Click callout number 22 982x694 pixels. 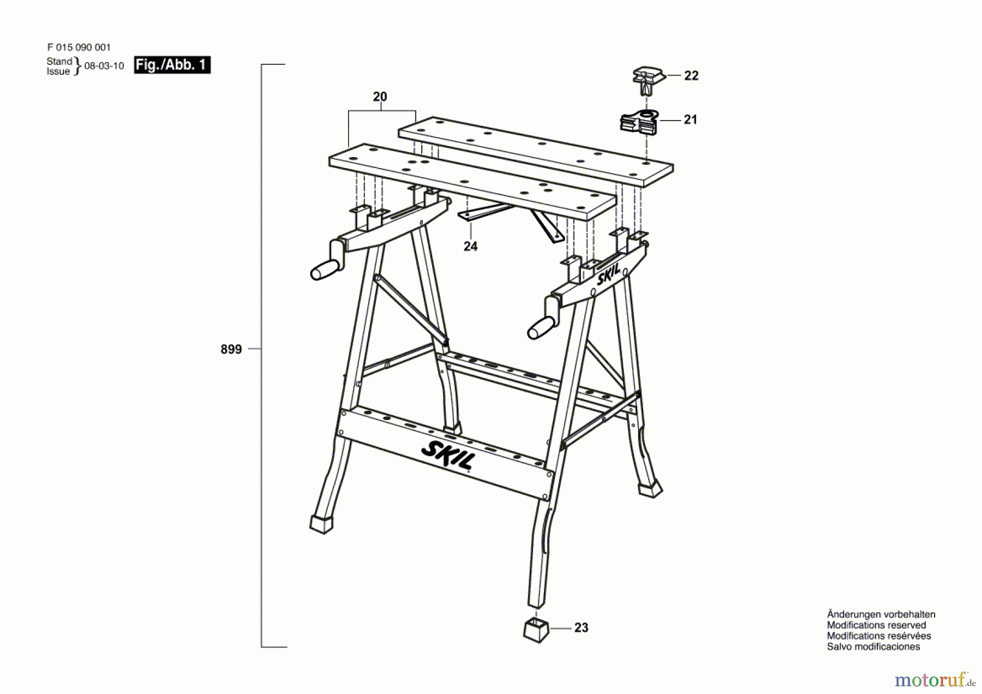point(691,76)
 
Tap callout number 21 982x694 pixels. point(690,119)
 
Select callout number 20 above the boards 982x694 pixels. point(380,97)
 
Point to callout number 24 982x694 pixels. point(470,247)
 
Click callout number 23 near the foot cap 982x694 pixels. point(581,628)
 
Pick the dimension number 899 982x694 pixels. point(231,349)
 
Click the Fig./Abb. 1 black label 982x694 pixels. point(172,65)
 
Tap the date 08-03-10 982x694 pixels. point(104,66)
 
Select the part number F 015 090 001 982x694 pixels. point(79,47)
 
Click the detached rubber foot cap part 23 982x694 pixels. point(536,630)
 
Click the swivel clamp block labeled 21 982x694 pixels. point(639,123)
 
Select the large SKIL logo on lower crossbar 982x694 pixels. point(447,455)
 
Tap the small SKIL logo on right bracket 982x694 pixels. point(609,275)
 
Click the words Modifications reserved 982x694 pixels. point(876,625)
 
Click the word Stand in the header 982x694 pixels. point(59,61)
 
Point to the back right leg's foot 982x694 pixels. point(650,488)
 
